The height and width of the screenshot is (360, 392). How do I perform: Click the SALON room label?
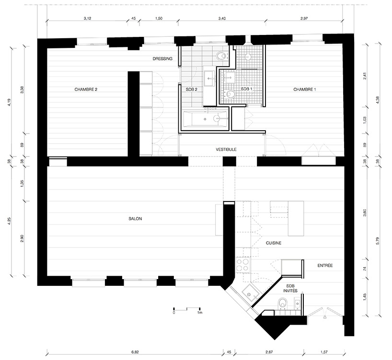click(135, 219)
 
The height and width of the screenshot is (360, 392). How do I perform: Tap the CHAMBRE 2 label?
click(86, 90)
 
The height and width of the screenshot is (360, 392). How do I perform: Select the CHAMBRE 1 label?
click(304, 90)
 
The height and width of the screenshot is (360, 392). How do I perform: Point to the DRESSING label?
click(162, 59)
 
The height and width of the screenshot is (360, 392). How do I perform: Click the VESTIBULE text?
click(226, 149)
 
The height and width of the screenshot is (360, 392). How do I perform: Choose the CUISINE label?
click(274, 243)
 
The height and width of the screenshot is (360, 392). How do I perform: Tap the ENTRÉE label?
click(325, 266)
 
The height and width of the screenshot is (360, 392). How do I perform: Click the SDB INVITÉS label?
click(290, 289)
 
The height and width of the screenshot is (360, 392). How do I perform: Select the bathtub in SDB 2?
click(206, 119)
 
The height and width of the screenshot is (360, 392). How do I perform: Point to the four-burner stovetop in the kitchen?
click(243, 265)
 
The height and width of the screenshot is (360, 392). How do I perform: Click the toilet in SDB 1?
click(231, 94)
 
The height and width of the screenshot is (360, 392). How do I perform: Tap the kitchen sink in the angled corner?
click(250, 294)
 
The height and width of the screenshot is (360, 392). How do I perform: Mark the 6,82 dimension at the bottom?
click(135, 352)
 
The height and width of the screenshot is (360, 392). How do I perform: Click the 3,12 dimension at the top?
click(87, 18)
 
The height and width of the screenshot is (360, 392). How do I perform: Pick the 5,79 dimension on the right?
click(378, 241)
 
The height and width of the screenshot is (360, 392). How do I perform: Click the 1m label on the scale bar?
click(199, 313)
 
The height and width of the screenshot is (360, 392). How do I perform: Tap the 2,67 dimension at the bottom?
click(269, 352)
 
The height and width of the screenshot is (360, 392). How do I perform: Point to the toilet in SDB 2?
click(221, 56)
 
